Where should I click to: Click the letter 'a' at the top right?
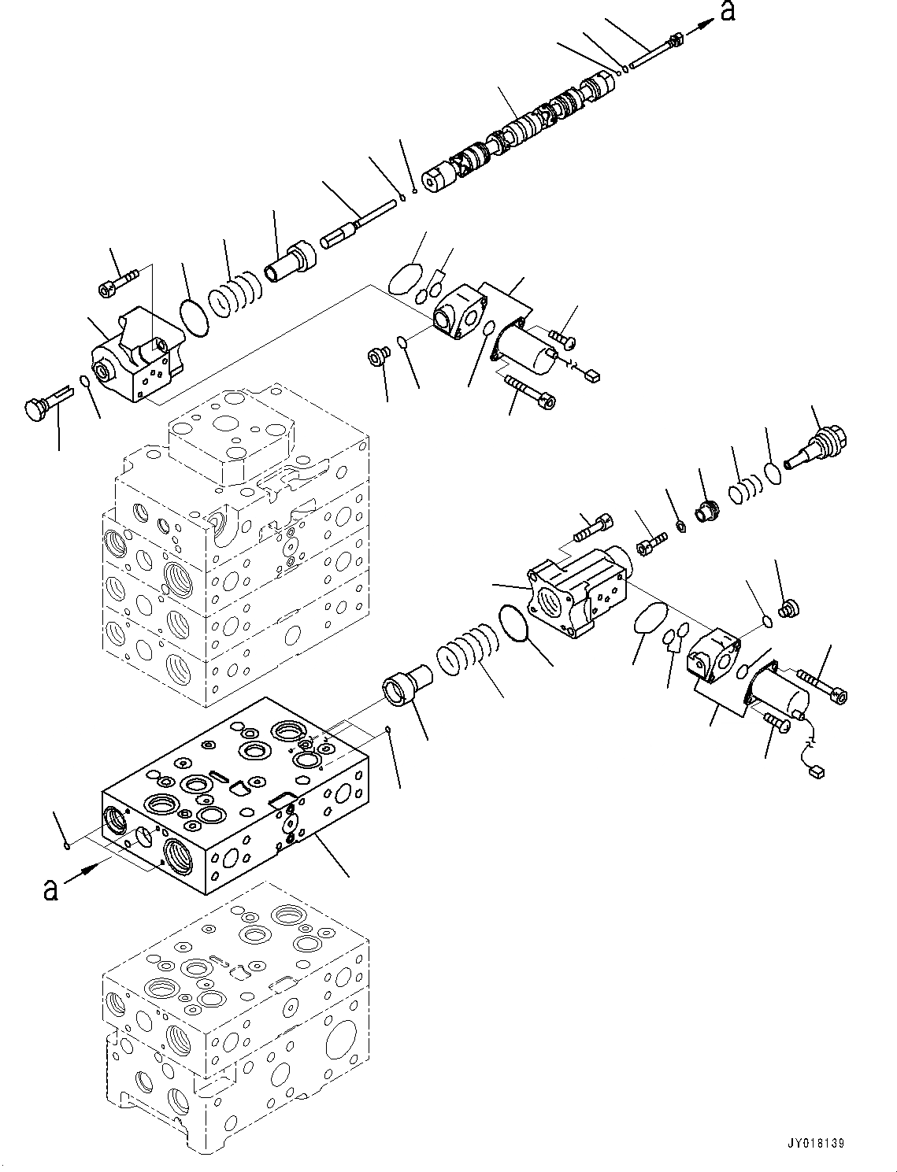point(728,11)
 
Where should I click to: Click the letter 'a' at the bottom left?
point(50,889)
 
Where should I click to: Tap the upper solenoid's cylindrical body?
point(526,349)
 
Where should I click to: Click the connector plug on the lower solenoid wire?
point(816,772)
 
